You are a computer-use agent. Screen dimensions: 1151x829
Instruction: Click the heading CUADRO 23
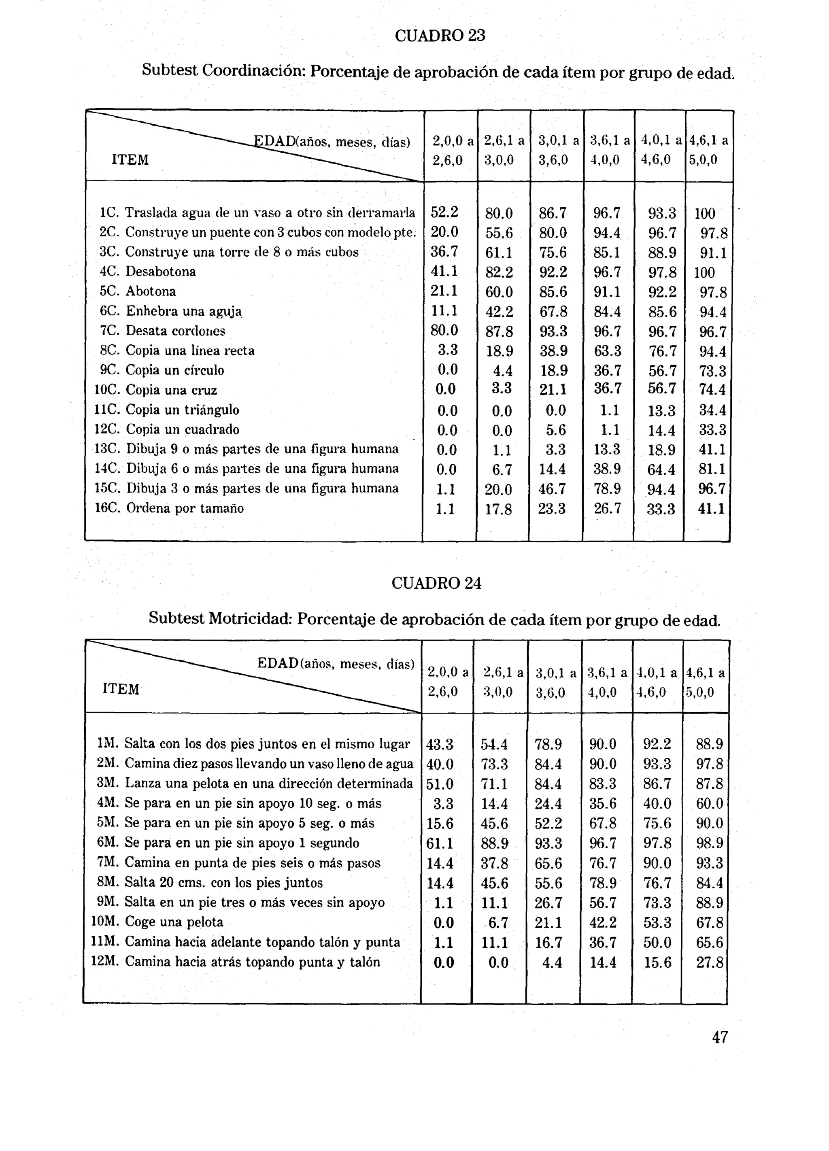click(x=440, y=36)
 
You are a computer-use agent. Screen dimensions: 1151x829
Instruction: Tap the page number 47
click(x=720, y=1037)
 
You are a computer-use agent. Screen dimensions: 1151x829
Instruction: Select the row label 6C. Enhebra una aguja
click(x=170, y=311)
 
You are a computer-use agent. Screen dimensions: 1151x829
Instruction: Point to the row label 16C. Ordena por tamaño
click(x=170, y=508)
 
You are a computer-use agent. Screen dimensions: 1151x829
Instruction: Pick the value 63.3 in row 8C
click(x=607, y=350)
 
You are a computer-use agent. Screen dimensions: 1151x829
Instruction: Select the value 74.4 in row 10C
click(x=712, y=390)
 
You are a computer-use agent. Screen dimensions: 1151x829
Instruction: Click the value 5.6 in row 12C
click(x=555, y=430)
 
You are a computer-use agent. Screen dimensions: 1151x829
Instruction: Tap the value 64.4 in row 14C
click(x=661, y=469)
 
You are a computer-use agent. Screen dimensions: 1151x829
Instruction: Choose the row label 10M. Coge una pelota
click(x=157, y=922)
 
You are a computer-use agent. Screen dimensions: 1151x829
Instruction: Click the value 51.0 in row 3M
click(x=440, y=784)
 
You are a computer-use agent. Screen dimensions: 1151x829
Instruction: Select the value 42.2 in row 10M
click(x=603, y=922)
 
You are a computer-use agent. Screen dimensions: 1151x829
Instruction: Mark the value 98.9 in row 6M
click(x=709, y=843)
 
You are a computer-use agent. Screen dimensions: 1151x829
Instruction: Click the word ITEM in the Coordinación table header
click(x=130, y=160)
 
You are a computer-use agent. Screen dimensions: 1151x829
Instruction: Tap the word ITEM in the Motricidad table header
click(x=121, y=689)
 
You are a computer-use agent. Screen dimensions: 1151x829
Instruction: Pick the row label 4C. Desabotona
click(x=148, y=272)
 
